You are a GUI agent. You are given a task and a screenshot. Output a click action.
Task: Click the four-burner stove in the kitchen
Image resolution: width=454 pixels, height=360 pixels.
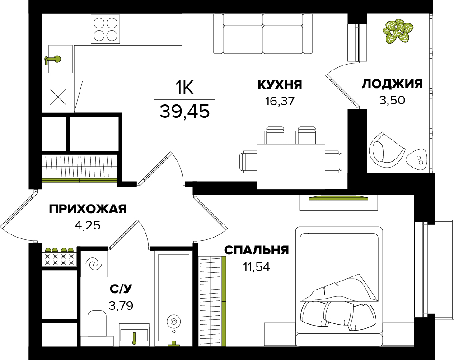(x=105, y=29)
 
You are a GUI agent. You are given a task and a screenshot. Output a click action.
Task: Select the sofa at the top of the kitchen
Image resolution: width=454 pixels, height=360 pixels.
(x=263, y=34)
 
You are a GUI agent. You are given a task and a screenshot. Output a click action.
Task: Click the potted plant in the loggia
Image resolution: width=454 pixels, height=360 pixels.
(x=397, y=31)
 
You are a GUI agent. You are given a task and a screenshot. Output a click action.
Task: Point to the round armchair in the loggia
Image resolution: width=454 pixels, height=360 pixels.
(x=386, y=150)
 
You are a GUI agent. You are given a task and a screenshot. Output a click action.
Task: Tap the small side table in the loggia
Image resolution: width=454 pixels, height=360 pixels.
(x=417, y=160)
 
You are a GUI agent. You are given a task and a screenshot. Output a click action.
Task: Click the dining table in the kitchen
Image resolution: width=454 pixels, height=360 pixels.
(x=291, y=167)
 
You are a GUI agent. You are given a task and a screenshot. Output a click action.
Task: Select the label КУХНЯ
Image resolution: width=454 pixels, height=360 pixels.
(x=280, y=85)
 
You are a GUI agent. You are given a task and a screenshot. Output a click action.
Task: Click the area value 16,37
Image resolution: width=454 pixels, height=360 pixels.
(x=280, y=101)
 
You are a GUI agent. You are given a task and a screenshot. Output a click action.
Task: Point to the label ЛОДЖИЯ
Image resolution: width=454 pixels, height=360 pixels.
(x=392, y=84)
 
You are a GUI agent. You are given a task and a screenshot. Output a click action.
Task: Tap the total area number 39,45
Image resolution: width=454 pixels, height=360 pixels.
(x=184, y=111)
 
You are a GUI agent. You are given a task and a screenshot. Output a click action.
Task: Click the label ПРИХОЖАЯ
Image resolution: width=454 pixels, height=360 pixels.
(x=88, y=209)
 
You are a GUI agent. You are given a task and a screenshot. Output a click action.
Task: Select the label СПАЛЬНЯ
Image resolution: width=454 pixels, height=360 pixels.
(x=257, y=250)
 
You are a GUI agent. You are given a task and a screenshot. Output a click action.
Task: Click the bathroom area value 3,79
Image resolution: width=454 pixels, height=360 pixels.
(x=121, y=305)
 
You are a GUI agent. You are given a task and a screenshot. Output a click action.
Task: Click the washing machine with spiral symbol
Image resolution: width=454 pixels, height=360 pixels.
(x=94, y=264)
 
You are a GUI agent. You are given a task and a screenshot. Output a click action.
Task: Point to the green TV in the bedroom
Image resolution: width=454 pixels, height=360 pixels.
(x=339, y=198)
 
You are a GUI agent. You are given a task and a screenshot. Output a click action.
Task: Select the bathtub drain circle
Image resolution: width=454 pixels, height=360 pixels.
(x=173, y=322)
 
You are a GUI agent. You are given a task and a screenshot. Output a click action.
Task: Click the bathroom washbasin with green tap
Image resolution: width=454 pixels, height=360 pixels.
(x=134, y=335)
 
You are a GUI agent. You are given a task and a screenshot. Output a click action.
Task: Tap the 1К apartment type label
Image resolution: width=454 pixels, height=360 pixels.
(x=184, y=87)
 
